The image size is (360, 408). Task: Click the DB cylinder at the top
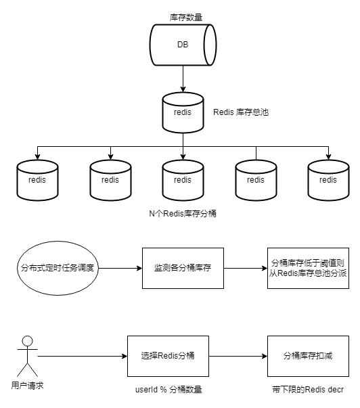click(x=183, y=45)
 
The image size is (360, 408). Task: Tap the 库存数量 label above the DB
click(x=186, y=18)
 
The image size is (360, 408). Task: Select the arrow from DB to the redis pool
click(x=183, y=79)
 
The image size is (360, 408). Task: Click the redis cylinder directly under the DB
click(x=183, y=113)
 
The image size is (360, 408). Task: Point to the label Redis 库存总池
click(x=241, y=112)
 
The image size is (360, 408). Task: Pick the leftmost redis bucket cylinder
click(x=37, y=181)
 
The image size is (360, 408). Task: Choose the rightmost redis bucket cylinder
click(x=328, y=181)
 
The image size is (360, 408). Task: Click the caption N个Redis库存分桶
click(x=183, y=214)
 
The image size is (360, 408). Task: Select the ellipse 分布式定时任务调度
click(x=58, y=268)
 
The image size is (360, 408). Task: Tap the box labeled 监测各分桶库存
click(x=183, y=268)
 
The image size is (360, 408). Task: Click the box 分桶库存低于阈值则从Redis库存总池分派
click(x=308, y=268)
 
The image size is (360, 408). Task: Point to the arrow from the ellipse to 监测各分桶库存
click(x=120, y=268)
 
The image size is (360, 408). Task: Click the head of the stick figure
click(x=28, y=340)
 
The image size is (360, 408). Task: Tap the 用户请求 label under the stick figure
click(x=27, y=386)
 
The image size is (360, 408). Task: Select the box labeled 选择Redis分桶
click(x=168, y=356)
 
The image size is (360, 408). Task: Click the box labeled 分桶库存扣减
click(x=308, y=356)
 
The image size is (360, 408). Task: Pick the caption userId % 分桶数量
click(x=168, y=390)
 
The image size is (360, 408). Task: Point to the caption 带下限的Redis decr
click(x=308, y=390)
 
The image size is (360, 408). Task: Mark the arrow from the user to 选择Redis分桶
click(x=83, y=356)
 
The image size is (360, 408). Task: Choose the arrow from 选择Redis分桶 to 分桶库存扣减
click(x=238, y=356)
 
